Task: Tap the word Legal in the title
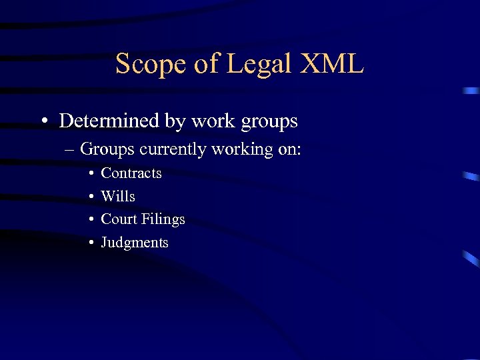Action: (260, 64)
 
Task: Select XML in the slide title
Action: (332, 64)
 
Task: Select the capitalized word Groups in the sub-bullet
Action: (109, 149)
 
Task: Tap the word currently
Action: (173, 150)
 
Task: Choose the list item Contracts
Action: (131, 173)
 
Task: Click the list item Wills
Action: (118, 196)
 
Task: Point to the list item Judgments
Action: (135, 243)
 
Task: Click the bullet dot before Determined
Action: (43, 121)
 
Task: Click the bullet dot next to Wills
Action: (90, 197)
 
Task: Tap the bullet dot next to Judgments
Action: (90, 243)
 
